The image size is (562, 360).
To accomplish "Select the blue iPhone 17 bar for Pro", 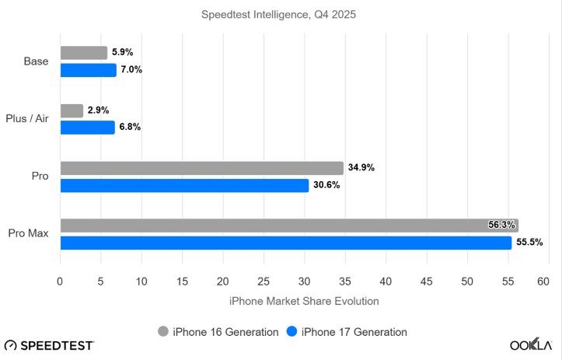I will point(184,185).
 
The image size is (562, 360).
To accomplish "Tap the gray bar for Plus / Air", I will point(72,110).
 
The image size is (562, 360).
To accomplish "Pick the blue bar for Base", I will point(88,70).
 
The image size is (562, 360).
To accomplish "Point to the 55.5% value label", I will point(529,243).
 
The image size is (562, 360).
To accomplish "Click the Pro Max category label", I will point(29,234).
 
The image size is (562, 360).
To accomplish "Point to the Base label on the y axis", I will point(36,61).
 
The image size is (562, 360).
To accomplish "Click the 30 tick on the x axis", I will point(304,281).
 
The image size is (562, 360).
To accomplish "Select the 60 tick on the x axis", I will point(548,281).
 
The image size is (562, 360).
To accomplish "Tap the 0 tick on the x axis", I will point(60,281).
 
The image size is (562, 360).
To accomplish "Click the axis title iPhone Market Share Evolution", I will point(304,301).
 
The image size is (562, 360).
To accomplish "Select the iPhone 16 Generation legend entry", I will point(218,332).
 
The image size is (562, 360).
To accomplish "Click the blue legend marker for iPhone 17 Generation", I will point(291,332).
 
